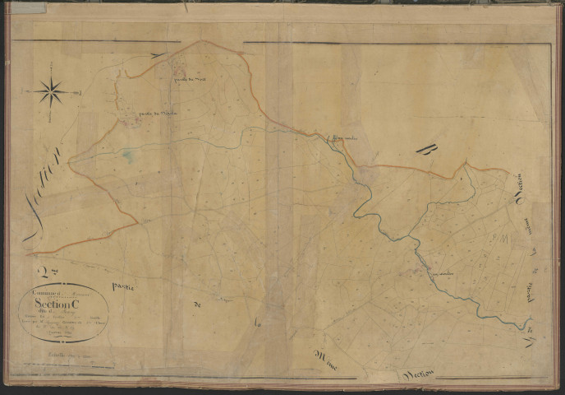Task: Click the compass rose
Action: (51, 91)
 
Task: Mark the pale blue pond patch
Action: (126, 153)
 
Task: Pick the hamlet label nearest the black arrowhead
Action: (187, 79)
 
